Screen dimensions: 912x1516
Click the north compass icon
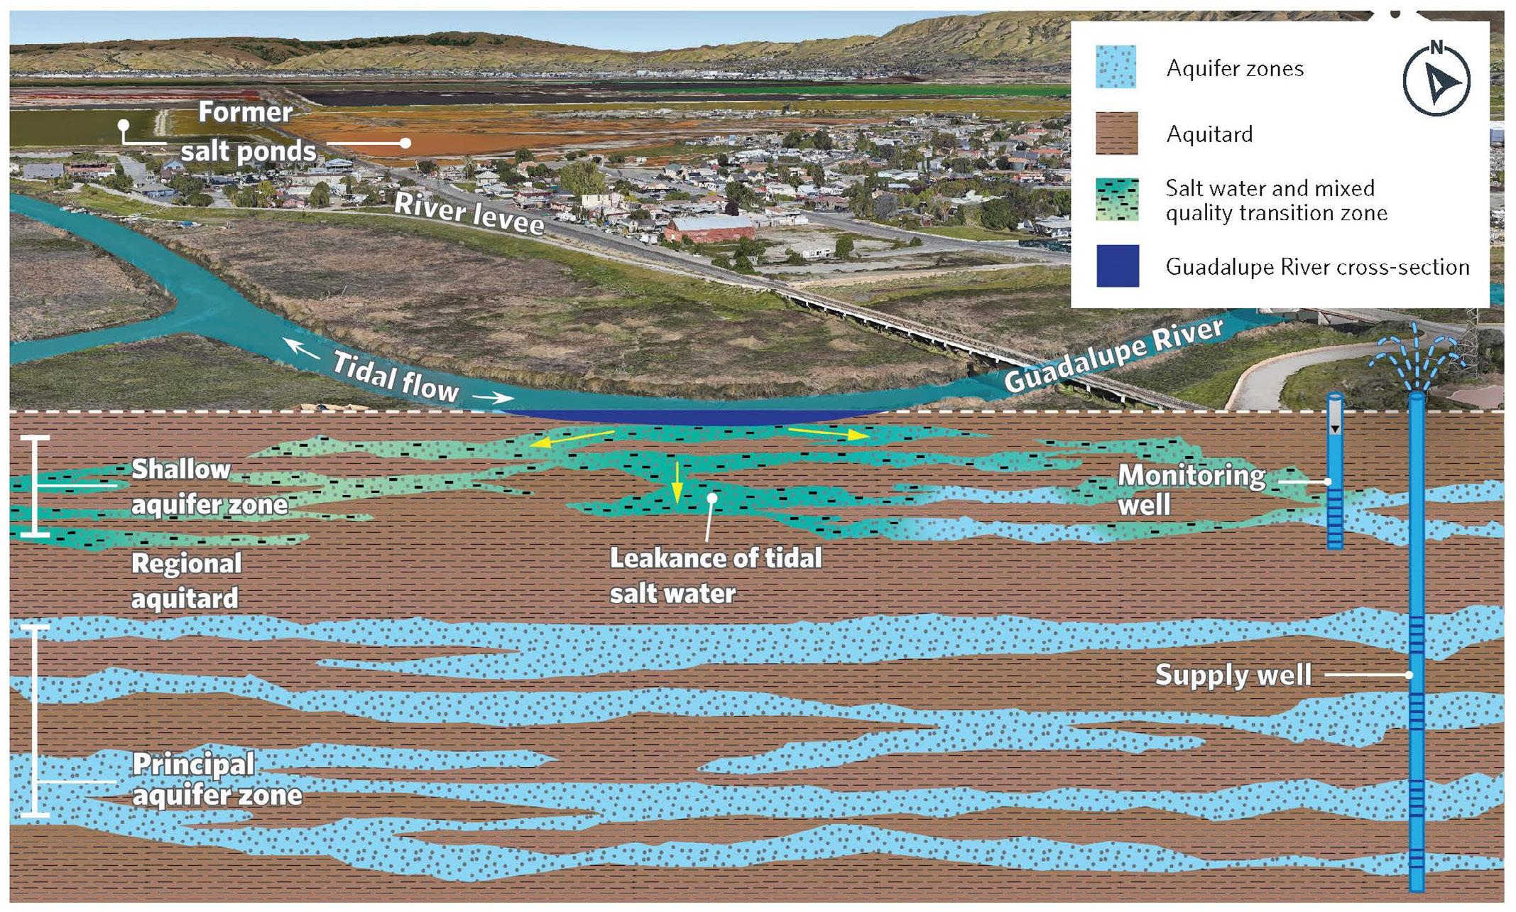click(x=1436, y=79)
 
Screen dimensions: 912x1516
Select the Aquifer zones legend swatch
click(x=1116, y=67)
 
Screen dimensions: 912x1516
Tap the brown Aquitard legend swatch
click(x=1116, y=133)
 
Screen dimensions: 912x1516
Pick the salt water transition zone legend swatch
click(x=1116, y=200)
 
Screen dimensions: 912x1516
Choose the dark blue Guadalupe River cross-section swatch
click(x=1117, y=266)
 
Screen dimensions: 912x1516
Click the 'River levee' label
click(x=469, y=213)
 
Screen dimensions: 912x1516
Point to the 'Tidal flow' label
click(x=395, y=377)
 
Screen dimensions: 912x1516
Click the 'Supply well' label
click(x=1233, y=675)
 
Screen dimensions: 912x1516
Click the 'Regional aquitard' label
click(x=186, y=581)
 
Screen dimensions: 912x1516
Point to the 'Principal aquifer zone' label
click(x=217, y=779)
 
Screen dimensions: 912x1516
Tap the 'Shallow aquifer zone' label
click(x=209, y=487)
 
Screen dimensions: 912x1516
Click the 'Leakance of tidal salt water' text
click(x=714, y=575)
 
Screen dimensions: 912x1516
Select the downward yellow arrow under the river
click(x=677, y=482)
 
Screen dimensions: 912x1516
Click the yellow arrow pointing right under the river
click(x=827, y=433)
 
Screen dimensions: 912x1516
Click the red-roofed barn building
click(x=709, y=229)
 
